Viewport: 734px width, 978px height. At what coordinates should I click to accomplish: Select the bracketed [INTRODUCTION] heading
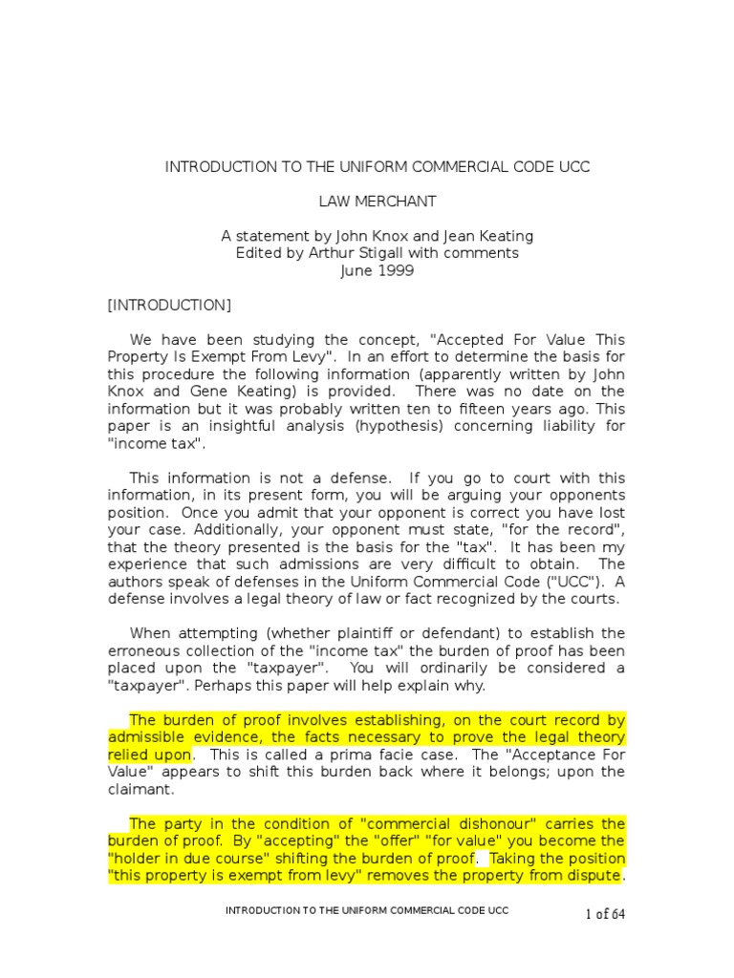pos(169,305)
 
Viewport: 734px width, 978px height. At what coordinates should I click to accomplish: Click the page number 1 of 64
pos(605,914)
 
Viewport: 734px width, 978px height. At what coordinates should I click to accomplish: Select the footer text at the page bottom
pos(367,911)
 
